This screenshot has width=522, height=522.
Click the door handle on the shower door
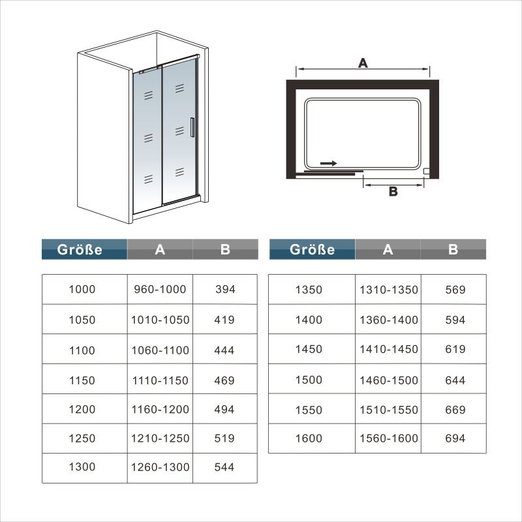pyautogui.click(x=191, y=127)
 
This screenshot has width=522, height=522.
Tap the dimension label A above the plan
pyautogui.click(x=363, y=63)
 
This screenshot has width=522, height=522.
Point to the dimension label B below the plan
pyautogui.click(x=393, y=191)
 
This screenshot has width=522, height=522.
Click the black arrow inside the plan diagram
pyautogui.click(x=330, y=163)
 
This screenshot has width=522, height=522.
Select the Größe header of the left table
pyautogui.click(x=84, y=249)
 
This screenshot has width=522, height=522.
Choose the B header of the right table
pyautogui.click(x=453, y=249)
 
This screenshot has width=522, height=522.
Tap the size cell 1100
pyautogui.click(x=82, y=350)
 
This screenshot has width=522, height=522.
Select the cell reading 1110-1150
pyautogui.click(x=159, y=380)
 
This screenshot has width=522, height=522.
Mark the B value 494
pyautogui.click(x=224, y=410)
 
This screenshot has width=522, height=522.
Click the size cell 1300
pyautogui.click(x=82, y=467)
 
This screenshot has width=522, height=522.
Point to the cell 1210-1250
pyautogui.click(x=159, y=438)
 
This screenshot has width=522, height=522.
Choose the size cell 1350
pyautogui.click(x=309, y=290)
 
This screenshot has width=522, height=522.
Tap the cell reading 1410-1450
pyautogui.click(x=388, y=349)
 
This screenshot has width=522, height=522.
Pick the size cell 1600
pyautogui.click(x=309, y=438)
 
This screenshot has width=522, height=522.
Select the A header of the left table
pyautogui.click(x=159, y=249)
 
